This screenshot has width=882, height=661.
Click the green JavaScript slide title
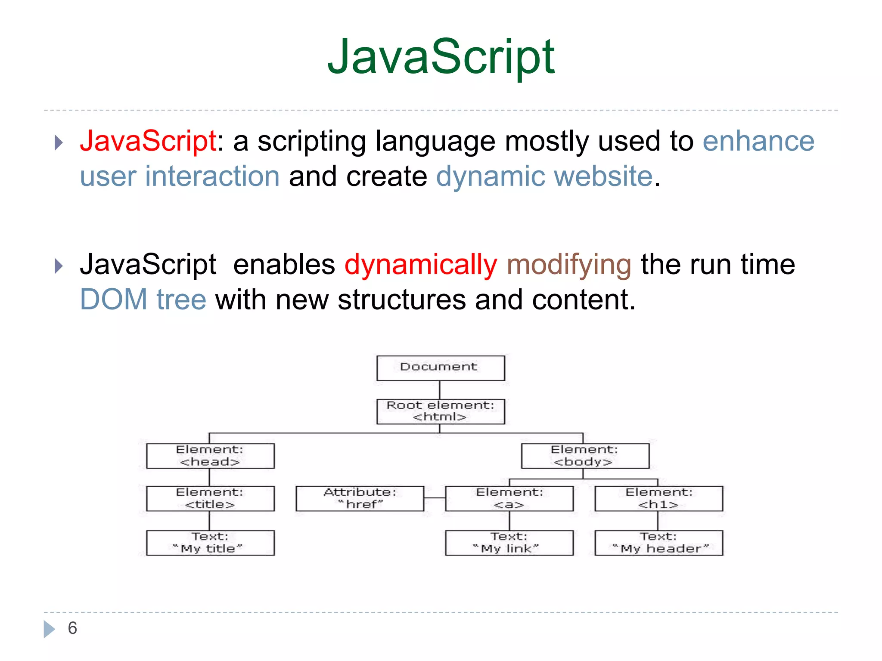441,57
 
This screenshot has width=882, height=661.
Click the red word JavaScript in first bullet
148,141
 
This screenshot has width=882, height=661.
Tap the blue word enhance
758,141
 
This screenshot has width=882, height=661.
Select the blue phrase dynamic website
544,176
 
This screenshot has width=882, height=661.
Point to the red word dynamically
421,264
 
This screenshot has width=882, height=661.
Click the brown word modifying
569,264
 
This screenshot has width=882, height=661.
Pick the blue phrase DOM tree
143,300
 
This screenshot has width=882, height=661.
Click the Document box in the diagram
440,368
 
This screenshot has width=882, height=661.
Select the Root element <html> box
440,411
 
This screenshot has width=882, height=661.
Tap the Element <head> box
210,456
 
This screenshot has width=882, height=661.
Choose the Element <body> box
585,456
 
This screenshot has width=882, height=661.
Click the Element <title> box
210,498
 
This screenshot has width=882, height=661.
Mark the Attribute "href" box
360,498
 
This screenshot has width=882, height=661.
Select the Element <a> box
509,498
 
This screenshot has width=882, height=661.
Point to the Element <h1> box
658,498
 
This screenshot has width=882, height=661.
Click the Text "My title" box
210,543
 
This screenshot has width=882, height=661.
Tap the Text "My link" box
509,543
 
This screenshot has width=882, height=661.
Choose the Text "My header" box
658,543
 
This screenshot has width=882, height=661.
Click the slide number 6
72,628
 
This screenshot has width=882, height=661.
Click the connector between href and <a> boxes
435,498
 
